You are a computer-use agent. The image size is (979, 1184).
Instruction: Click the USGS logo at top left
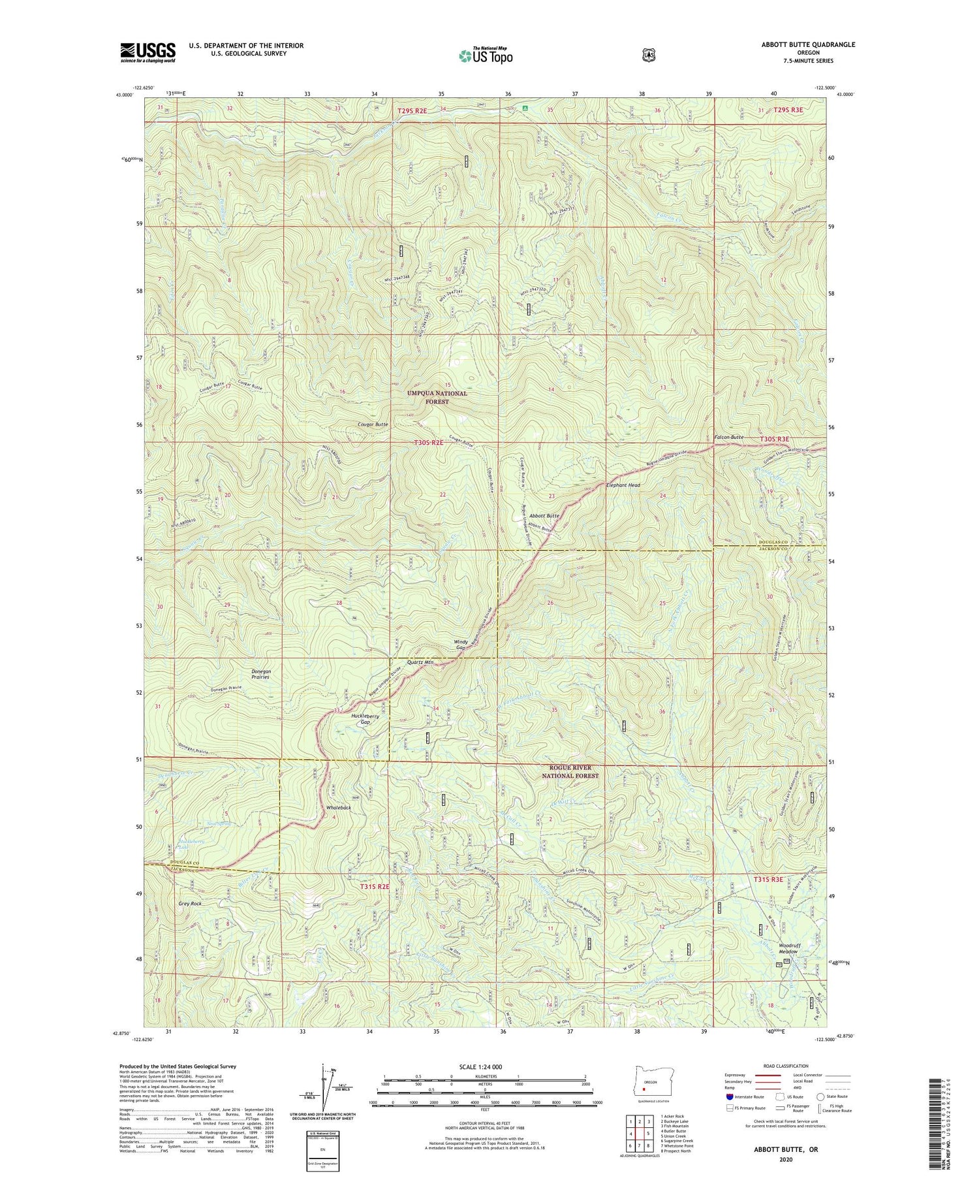coord(148,52)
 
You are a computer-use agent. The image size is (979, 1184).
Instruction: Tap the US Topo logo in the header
coord(486,56)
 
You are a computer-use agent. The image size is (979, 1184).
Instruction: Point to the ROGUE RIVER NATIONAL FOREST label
coord(570,771)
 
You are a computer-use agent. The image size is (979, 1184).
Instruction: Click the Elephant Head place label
coord(623,485)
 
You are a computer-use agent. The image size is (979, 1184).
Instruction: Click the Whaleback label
coord(339,807)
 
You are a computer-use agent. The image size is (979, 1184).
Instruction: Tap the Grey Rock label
coord(189,903)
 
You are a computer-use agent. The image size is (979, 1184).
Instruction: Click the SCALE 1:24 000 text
coord(480,1066)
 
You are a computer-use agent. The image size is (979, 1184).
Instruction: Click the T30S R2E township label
coord(429,442)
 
